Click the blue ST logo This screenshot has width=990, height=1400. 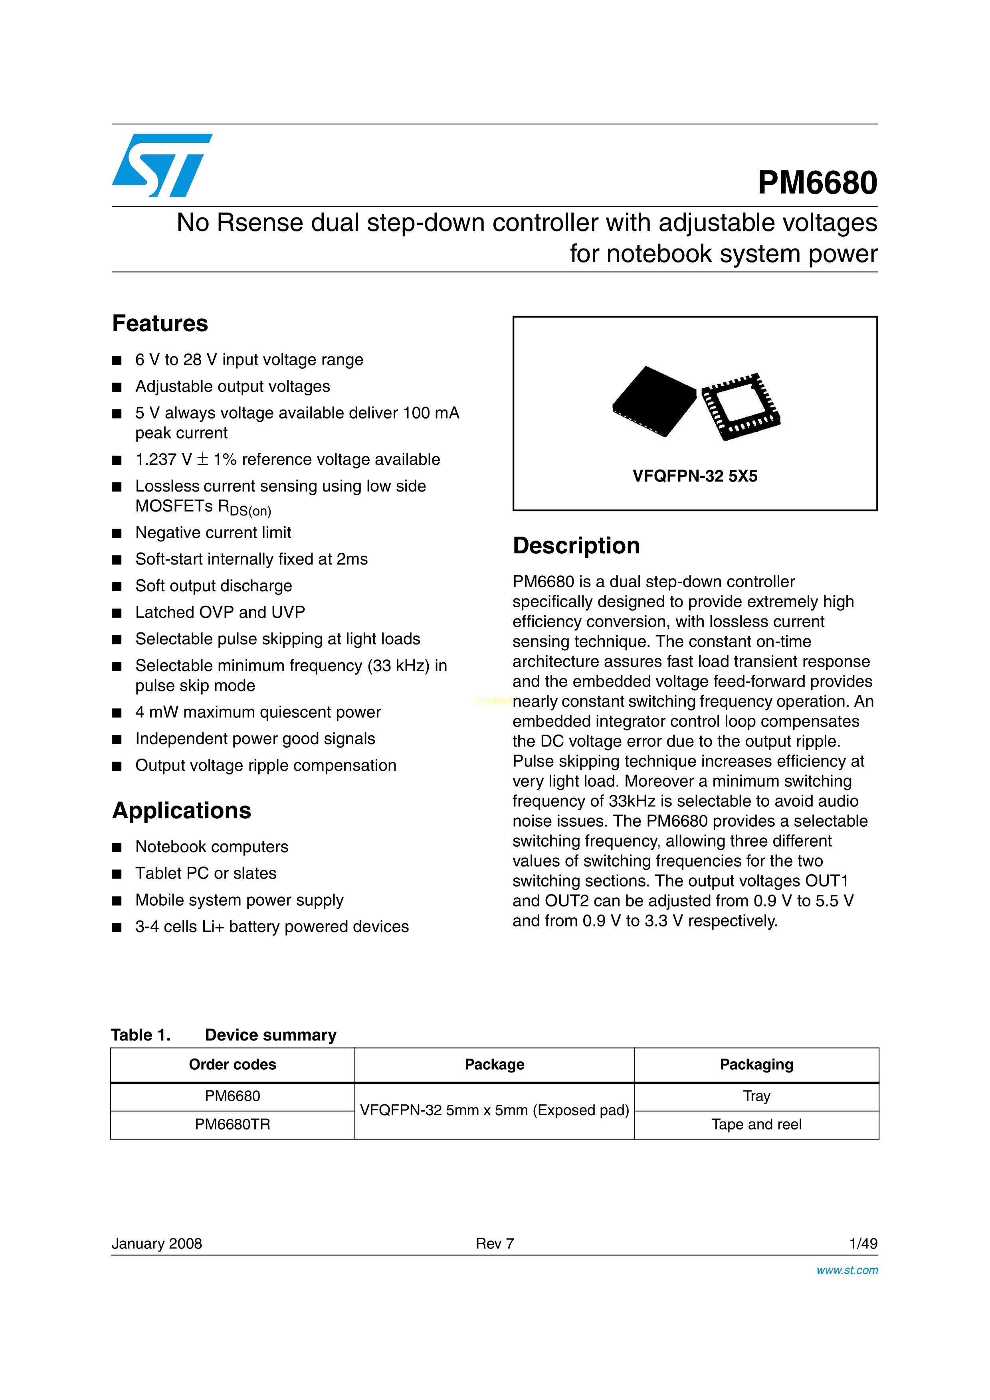162,165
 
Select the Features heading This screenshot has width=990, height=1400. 160,323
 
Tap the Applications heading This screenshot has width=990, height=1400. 181,810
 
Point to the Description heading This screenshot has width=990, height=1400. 576,545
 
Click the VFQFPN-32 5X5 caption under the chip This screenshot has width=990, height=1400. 695,476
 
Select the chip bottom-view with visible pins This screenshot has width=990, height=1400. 741,406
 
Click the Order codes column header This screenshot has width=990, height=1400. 232,1064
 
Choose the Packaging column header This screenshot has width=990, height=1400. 756,1064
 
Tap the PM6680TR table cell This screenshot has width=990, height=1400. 232,1124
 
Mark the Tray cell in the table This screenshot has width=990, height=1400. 756,1096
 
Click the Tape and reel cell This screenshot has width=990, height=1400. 756,1124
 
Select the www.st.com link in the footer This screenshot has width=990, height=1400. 847,1270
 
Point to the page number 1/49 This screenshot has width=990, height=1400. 863,1243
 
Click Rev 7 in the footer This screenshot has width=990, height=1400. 495,1243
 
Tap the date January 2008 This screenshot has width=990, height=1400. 157,1243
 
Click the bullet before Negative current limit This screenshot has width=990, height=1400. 117,533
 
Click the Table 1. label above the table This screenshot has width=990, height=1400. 140,1035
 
